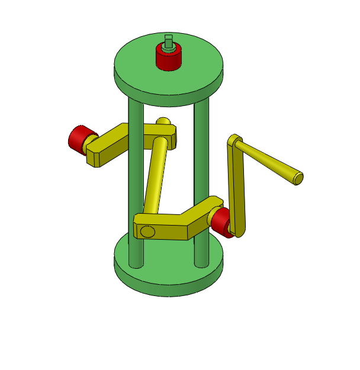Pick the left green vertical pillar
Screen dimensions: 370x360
coord(136,178)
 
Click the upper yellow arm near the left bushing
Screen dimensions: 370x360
coord(118,142)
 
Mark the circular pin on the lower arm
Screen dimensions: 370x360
coord(148,231)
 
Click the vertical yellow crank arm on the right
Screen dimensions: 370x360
coord(237,189)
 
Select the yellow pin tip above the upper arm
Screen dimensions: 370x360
coord(163,121)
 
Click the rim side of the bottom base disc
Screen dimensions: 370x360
coord(169,284)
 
